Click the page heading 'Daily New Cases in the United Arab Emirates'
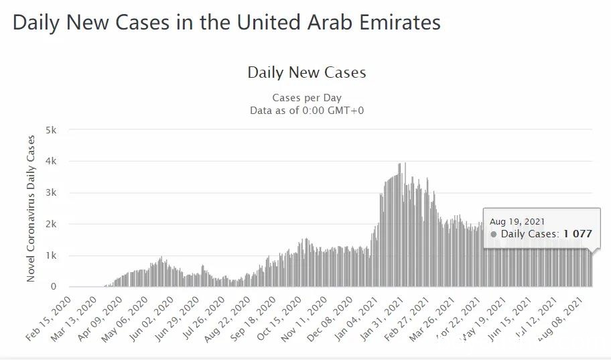[x=226, y=22]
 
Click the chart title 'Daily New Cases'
[x=307, y=72]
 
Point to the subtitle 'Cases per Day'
[x=307, y=98]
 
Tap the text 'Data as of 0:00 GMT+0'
[x=307, y=110]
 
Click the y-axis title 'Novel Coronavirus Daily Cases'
[x=31, y=208]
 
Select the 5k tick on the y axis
[x=51, y=129]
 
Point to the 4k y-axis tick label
[x=51, y=161]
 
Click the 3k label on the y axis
[x=51, y=192]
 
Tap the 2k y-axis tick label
[x=51, y=224]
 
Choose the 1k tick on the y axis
[x=51, y=255]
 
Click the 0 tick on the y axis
[x=54, y=287]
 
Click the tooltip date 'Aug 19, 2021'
[x=517, y=221]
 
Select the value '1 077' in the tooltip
[x=578, y=234]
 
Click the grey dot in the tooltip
[x=494, y=235]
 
